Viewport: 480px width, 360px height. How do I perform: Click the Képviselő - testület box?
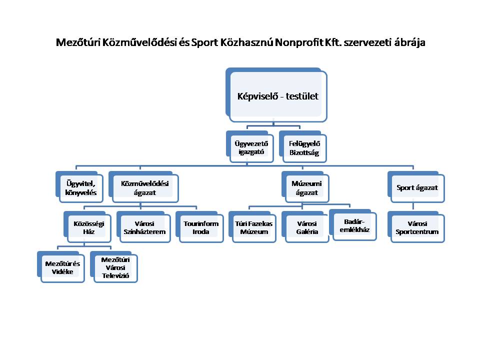coord(276,95)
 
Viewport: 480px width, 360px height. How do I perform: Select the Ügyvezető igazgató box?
coord(250,146)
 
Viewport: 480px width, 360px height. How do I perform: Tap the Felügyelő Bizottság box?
coord(303,146)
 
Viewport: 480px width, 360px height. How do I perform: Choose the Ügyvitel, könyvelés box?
coord(79,186)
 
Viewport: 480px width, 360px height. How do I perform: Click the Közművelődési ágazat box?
coord(143,186)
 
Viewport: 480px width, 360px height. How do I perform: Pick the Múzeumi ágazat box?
coord(305,186)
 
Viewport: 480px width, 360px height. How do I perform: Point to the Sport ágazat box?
coord(416,186)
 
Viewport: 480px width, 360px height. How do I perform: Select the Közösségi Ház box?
coord(87,227)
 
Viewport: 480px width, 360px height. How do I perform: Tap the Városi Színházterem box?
coord(143,227)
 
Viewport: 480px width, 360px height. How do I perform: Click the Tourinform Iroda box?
coord(199,227)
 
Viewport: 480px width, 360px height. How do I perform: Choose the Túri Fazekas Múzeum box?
coord(252,227)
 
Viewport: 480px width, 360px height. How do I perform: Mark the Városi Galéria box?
coord(305,227)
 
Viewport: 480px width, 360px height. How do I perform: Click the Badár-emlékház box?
coord(353,225)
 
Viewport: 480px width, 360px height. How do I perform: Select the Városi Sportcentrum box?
coord(416,227)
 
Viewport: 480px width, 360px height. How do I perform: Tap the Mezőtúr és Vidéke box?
coord(61,267)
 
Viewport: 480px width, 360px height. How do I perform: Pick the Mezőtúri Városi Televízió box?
coord(114,267)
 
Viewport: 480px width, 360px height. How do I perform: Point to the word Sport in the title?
coord(204,42)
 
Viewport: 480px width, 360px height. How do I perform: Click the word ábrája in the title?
coord(409,42)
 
